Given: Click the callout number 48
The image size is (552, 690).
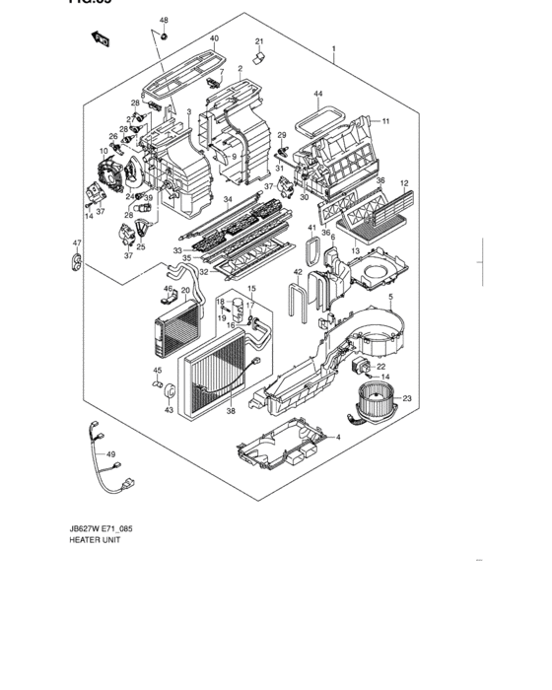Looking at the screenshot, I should pyautogui.click(x=165, y=21).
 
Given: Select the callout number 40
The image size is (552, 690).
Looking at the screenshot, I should pyautogui.click(x=214, y=38).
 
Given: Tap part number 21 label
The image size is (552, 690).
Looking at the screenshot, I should pyautogui.click(x=259, y=40).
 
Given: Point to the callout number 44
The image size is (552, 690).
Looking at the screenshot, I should pyautogui.click(x=318, y=95).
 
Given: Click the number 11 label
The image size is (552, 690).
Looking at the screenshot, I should pyautogui.click(x=386, y=121).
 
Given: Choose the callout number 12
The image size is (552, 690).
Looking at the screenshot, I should pyautogui.click(x=404, y=183).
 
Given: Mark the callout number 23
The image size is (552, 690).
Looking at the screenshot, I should pyautogui.click(x=407, y=398).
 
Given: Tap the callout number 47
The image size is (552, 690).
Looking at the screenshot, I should pyautogui.click(x=75, y=243).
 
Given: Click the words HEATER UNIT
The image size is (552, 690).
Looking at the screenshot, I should pyautogui.click(x=93, y=540).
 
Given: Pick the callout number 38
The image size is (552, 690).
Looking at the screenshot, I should pyautogui.click(x=231, y=411).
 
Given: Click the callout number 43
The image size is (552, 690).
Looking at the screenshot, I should pyautogui.click(x=168, y=410).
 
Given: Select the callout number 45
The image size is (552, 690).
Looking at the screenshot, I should pyautogui.click(x=157, y=371).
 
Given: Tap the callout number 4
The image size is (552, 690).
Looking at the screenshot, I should pyautogui.click(x=337, y=438).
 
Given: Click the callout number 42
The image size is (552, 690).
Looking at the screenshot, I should pyautogui.click(x=297, y=271).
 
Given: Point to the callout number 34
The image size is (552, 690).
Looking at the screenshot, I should pyautogui.click(x=227, y=200).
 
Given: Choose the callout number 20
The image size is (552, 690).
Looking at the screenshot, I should pyautogui.click(x=184, y=291).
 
